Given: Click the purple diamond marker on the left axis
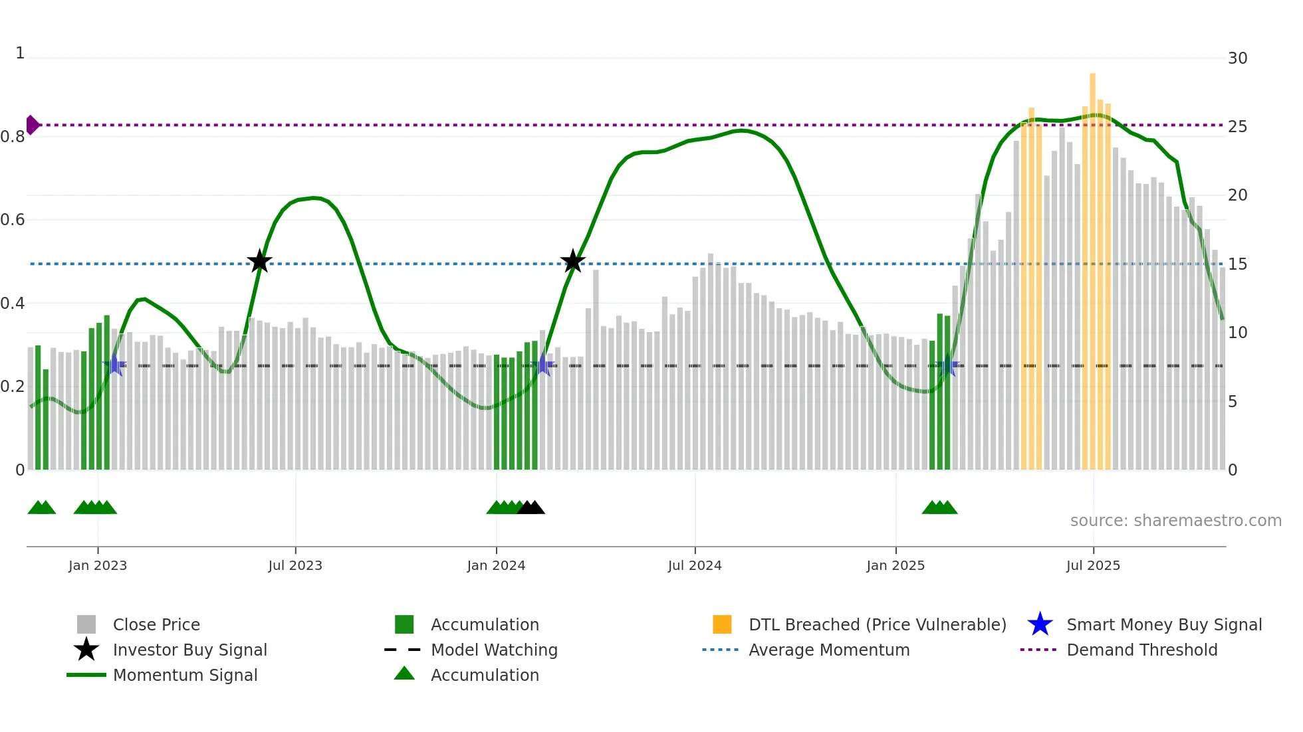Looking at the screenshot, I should coord(32,125).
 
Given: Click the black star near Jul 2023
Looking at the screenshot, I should coord(259,262).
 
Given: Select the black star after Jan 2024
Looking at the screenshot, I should coord(572,262).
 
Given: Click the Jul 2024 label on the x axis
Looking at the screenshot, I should coord(695,565).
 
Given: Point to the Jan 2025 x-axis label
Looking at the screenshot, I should coord(895,565).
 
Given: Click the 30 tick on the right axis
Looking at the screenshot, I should coord(1237,58).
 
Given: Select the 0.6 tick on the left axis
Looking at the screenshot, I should coord(13,220).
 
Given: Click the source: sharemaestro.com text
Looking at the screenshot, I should coord(1175,521).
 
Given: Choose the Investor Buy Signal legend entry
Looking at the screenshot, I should coord(189,650).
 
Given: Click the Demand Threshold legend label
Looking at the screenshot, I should coord(1141,650).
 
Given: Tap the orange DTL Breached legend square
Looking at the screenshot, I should coord(722,624).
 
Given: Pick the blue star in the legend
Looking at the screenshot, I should coord(1040,624).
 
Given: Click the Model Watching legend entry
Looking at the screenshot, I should coord(494,650).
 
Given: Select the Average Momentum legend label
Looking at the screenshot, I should coord(829,650).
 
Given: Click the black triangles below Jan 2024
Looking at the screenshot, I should coord(531,508).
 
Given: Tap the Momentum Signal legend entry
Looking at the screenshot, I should coord(185,675).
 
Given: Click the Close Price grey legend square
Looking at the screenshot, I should coord(86,624).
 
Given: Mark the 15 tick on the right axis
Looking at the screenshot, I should coord(1237,264).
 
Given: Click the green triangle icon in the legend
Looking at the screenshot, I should coord(404,674).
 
